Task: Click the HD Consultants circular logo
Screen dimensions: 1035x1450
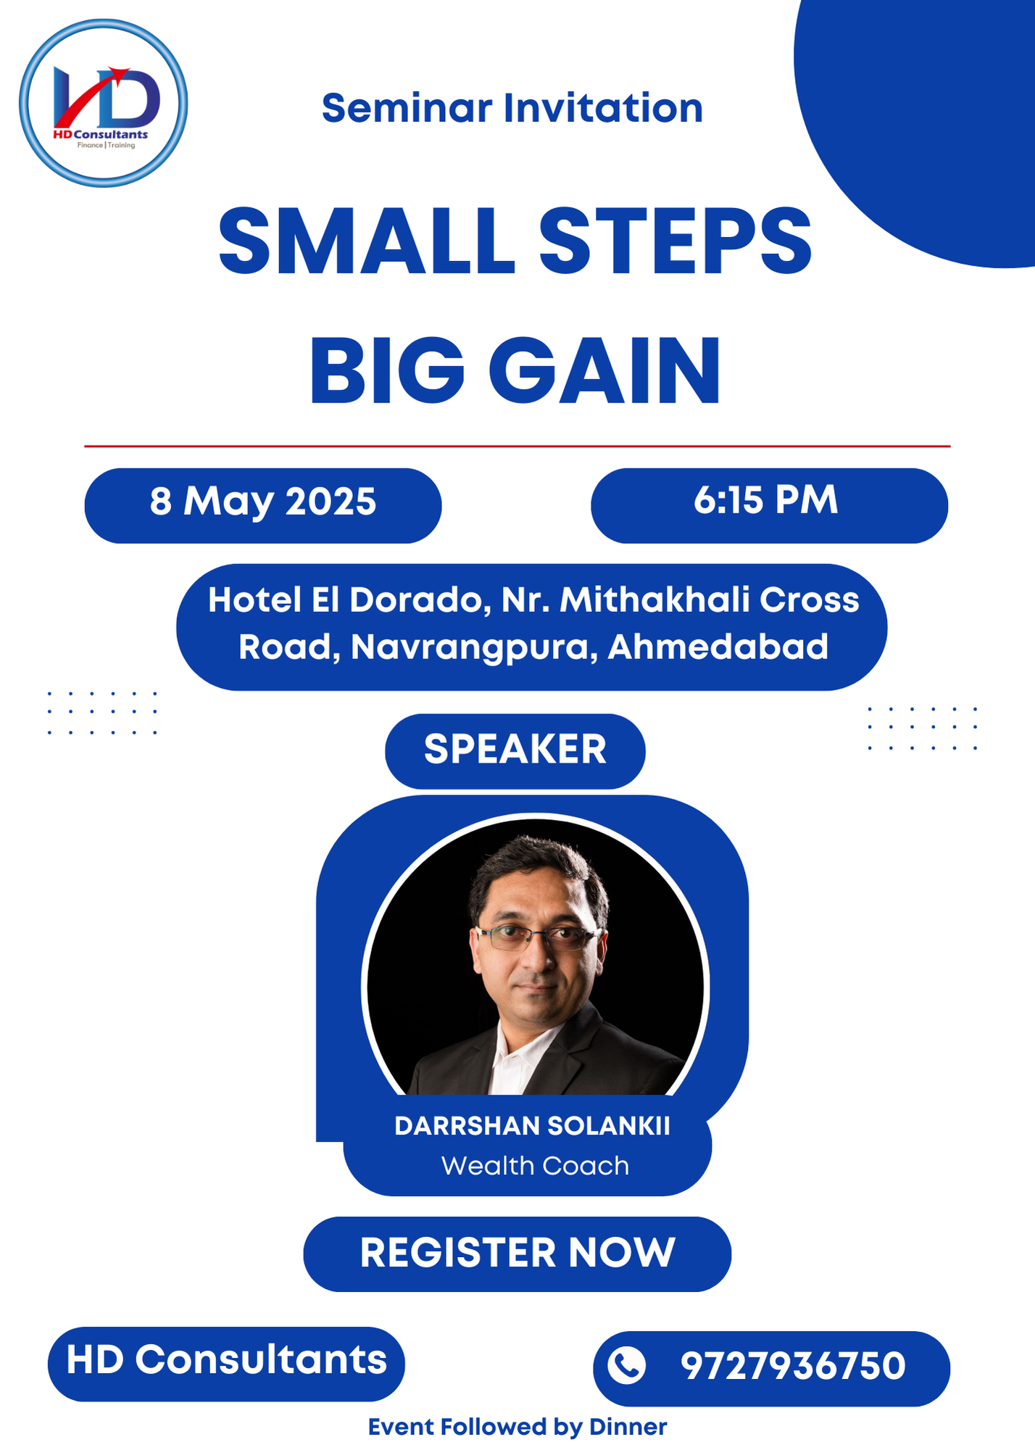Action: (x=104, y=103)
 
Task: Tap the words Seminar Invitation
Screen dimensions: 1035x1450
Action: (x=512, y=108)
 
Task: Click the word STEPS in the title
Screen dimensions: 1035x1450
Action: (x=675, y=241)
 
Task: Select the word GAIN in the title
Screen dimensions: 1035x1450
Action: (x=605, y=371)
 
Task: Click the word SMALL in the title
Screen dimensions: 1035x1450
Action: (x=367, y=241)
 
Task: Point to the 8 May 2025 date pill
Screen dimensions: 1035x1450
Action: (x=263, y=505)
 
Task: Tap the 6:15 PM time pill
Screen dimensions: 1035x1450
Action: (x=769, y=505)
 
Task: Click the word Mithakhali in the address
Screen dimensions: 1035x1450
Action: (x=654, y=600)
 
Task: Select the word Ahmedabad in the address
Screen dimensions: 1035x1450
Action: (x=718, y=647)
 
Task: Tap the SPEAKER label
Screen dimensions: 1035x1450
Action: (x=515, y=750)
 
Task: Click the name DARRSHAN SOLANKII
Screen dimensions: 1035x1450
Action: (x=532, y=1126)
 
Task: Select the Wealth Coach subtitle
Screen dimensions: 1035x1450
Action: (x=535, y=1166)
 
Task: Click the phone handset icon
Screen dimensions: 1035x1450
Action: (x=626, y=1365)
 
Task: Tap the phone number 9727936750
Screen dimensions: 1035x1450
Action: (x=793, y=1366)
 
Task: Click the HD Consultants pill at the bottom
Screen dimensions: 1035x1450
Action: (x=226, y=1364)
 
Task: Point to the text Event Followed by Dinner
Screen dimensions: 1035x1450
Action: (x=517, y=1427)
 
